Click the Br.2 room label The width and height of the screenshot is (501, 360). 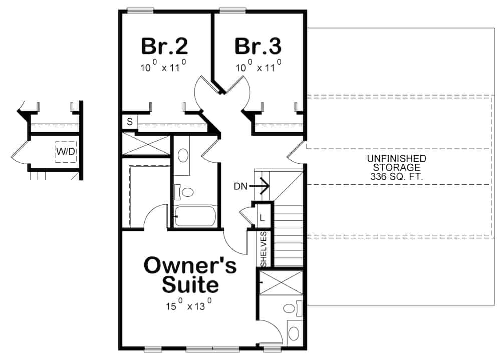click(164, 47)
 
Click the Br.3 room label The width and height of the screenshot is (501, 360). click(258, 47)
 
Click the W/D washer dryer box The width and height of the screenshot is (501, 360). click(66, 151)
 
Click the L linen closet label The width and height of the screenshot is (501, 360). click(262, 218)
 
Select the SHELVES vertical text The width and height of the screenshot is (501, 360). click(264, 249)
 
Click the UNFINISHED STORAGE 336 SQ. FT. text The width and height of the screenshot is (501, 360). click(396, 167)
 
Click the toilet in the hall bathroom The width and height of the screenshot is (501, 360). click(187, 192)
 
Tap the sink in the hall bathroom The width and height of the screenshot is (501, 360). click(183, 155)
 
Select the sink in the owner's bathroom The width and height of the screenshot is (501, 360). click(295, 332)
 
